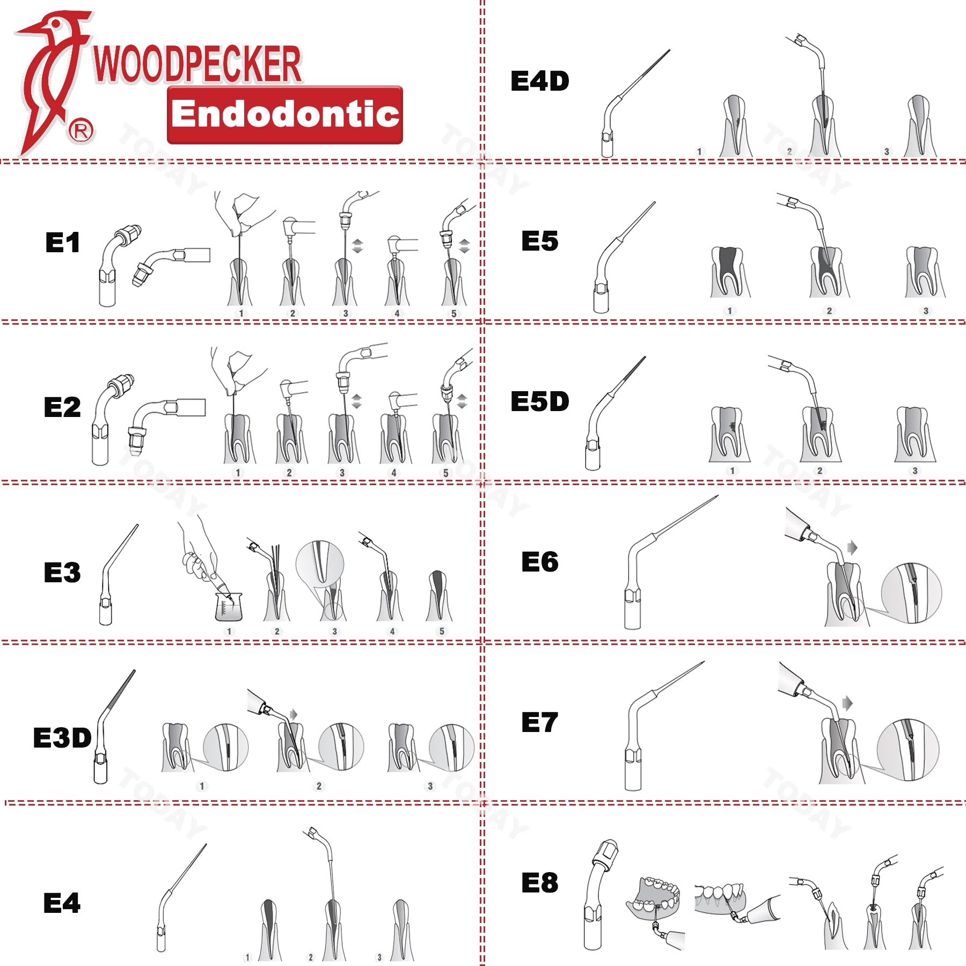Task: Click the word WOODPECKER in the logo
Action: click(x=197, y=64)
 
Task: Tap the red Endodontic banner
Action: click(x=285, y=115)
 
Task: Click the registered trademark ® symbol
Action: click(x=81, y=131)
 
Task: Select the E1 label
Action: click(x=63, y=243)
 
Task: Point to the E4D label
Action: click(x=539, y=82)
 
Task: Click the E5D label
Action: click(x=539, y=401)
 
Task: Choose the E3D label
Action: click(x=62, y=738)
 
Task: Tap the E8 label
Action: click(x=539, y=883)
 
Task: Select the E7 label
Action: click(x=539, y=722)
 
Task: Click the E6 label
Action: click(x=539, y=562)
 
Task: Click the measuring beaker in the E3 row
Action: click(x=229, y=606)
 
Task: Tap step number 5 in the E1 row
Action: click(x=454, y=313)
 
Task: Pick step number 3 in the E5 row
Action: click(x=926, y=311)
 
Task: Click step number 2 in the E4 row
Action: click(x=311, y=957)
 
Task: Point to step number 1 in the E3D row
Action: click(x=202, y=786)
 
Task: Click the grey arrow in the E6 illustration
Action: click(x=852, y=548)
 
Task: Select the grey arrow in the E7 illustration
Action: click(x=847, y=703)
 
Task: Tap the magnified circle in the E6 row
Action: click(x=911, y=592)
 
